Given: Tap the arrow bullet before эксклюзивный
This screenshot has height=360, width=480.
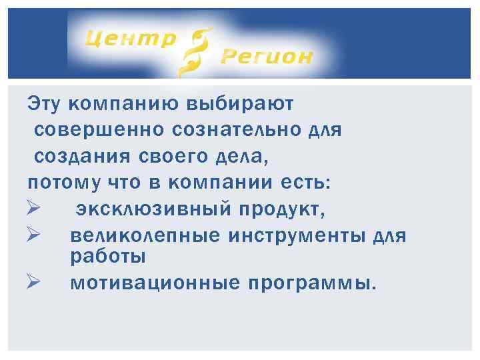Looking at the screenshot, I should [x=35, y=209].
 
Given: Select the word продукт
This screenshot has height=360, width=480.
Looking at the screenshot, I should [x=281, y=209].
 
